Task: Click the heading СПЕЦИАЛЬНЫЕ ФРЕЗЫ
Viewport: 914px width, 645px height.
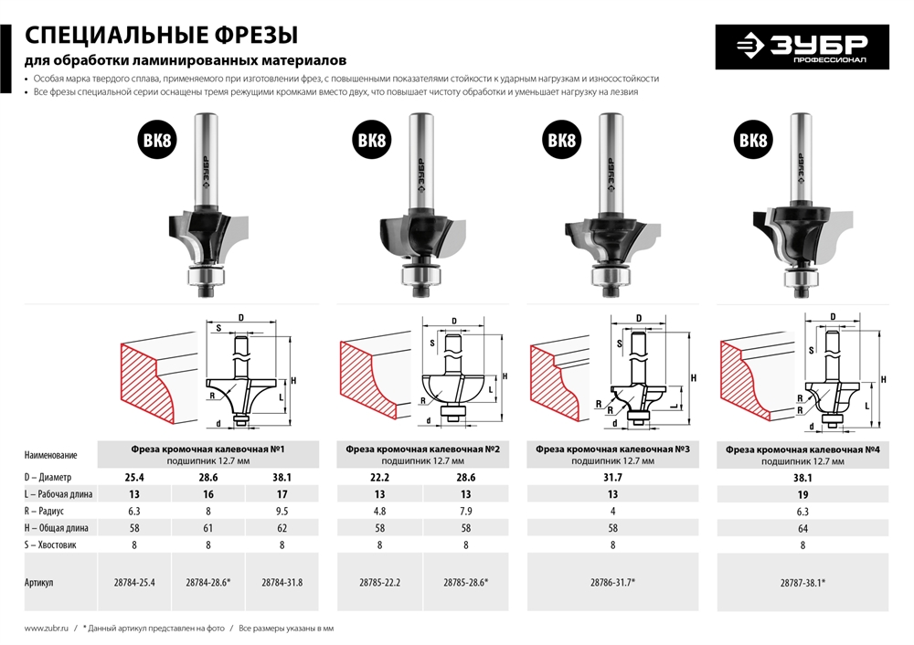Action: click(161, 36)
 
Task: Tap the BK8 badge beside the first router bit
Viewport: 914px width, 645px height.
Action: click(159, 141)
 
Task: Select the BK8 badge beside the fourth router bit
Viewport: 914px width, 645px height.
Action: click(753, 141)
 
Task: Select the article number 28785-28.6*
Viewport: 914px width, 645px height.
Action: click(465, 581)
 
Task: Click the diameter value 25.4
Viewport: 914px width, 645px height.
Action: click(134, 477)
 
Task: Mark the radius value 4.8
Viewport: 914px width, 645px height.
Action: click(380, 512)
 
